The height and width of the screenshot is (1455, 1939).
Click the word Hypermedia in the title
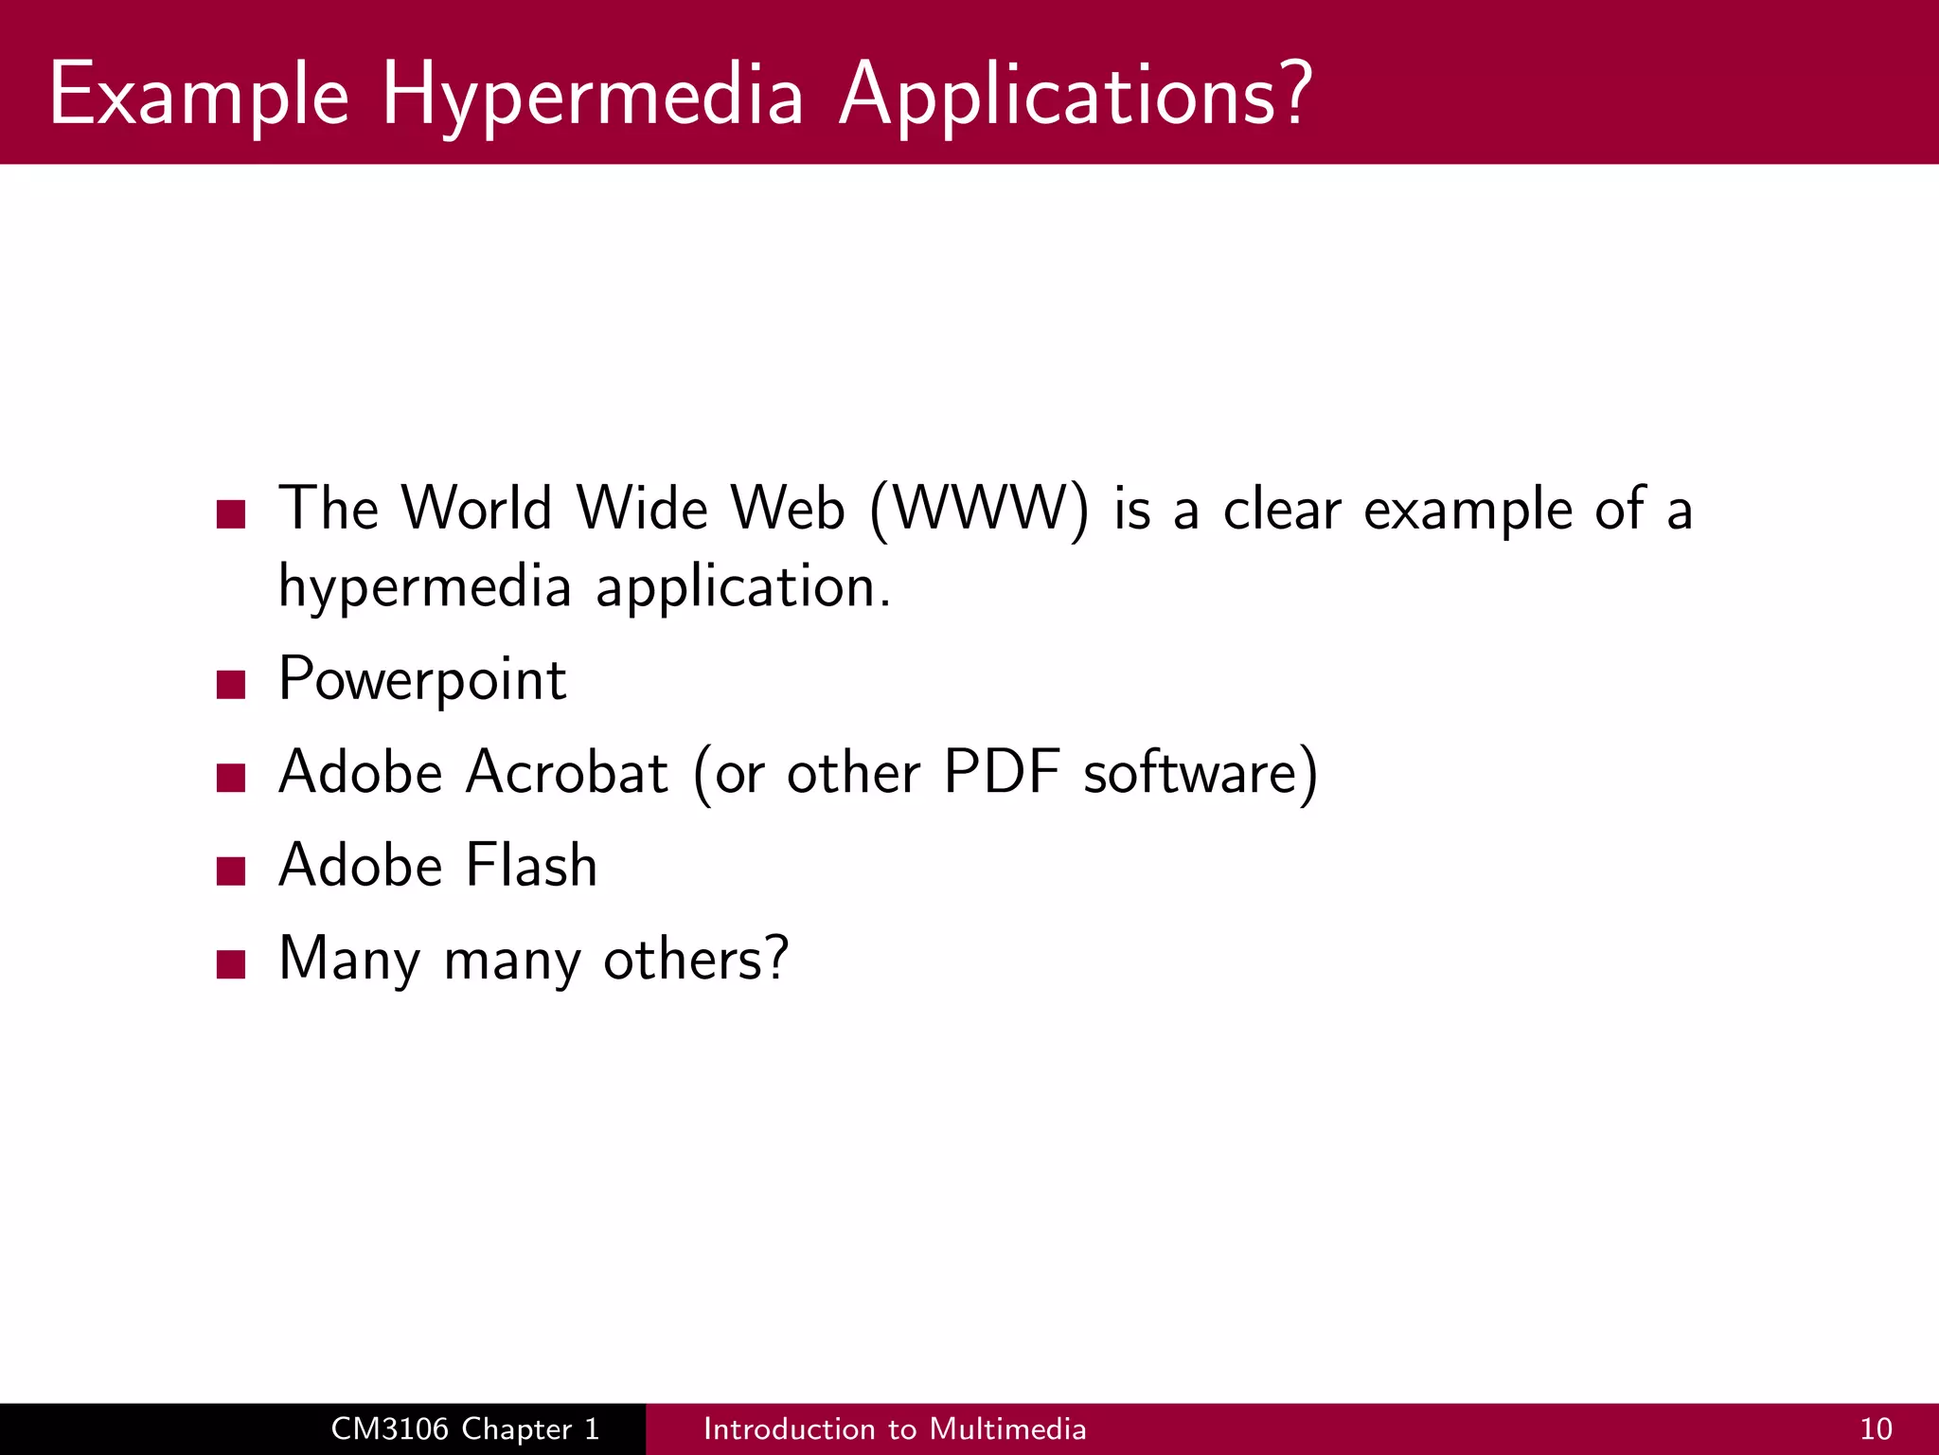592,97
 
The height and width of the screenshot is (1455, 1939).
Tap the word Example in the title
199,97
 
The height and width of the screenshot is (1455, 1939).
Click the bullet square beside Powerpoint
231,683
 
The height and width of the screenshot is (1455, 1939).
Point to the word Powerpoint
422,680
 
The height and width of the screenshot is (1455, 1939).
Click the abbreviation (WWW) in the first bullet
979,510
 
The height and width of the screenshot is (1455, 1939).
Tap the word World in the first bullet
476,508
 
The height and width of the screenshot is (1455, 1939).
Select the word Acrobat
567,772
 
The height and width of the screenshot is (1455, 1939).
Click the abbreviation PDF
1001,772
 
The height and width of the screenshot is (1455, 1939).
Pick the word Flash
531,865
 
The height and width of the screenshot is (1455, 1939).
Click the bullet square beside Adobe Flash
231,870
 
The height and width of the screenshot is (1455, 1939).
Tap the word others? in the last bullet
696,959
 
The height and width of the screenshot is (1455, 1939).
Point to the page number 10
1876,1428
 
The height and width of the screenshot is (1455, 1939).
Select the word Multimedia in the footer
1007,1428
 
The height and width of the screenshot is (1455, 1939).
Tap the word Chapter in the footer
517,1428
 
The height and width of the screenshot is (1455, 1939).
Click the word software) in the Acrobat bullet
1200,772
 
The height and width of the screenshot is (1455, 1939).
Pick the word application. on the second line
743,587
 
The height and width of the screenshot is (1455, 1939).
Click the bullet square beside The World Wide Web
231,513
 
